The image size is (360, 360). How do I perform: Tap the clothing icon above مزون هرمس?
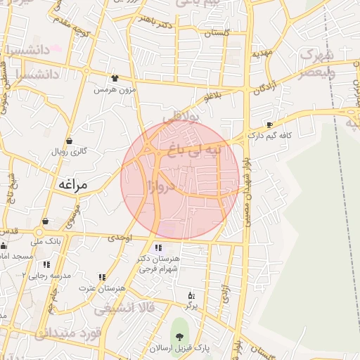point(115,78)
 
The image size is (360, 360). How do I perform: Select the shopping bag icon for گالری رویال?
point(69,141)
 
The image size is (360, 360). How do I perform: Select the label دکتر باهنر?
point(156,23)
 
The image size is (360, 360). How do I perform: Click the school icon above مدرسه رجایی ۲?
point(46,264)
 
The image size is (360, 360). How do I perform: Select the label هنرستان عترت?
point(102,289)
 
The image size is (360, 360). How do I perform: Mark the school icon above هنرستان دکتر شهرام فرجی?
point(158,247)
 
